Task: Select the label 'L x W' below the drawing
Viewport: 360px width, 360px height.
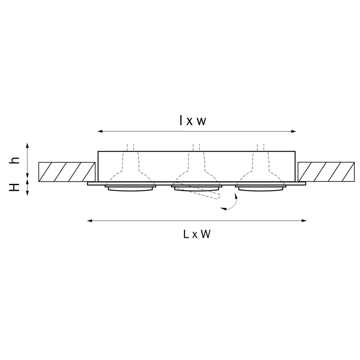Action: pos(197,235)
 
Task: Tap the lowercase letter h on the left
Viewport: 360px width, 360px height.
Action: pos(15,161)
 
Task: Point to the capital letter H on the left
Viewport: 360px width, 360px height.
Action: pos(15,187)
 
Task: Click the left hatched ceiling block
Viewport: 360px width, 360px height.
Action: pos(67,172)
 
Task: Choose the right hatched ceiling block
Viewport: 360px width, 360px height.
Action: pos(326,172)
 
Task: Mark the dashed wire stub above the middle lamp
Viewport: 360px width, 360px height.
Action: pos(197,147)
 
